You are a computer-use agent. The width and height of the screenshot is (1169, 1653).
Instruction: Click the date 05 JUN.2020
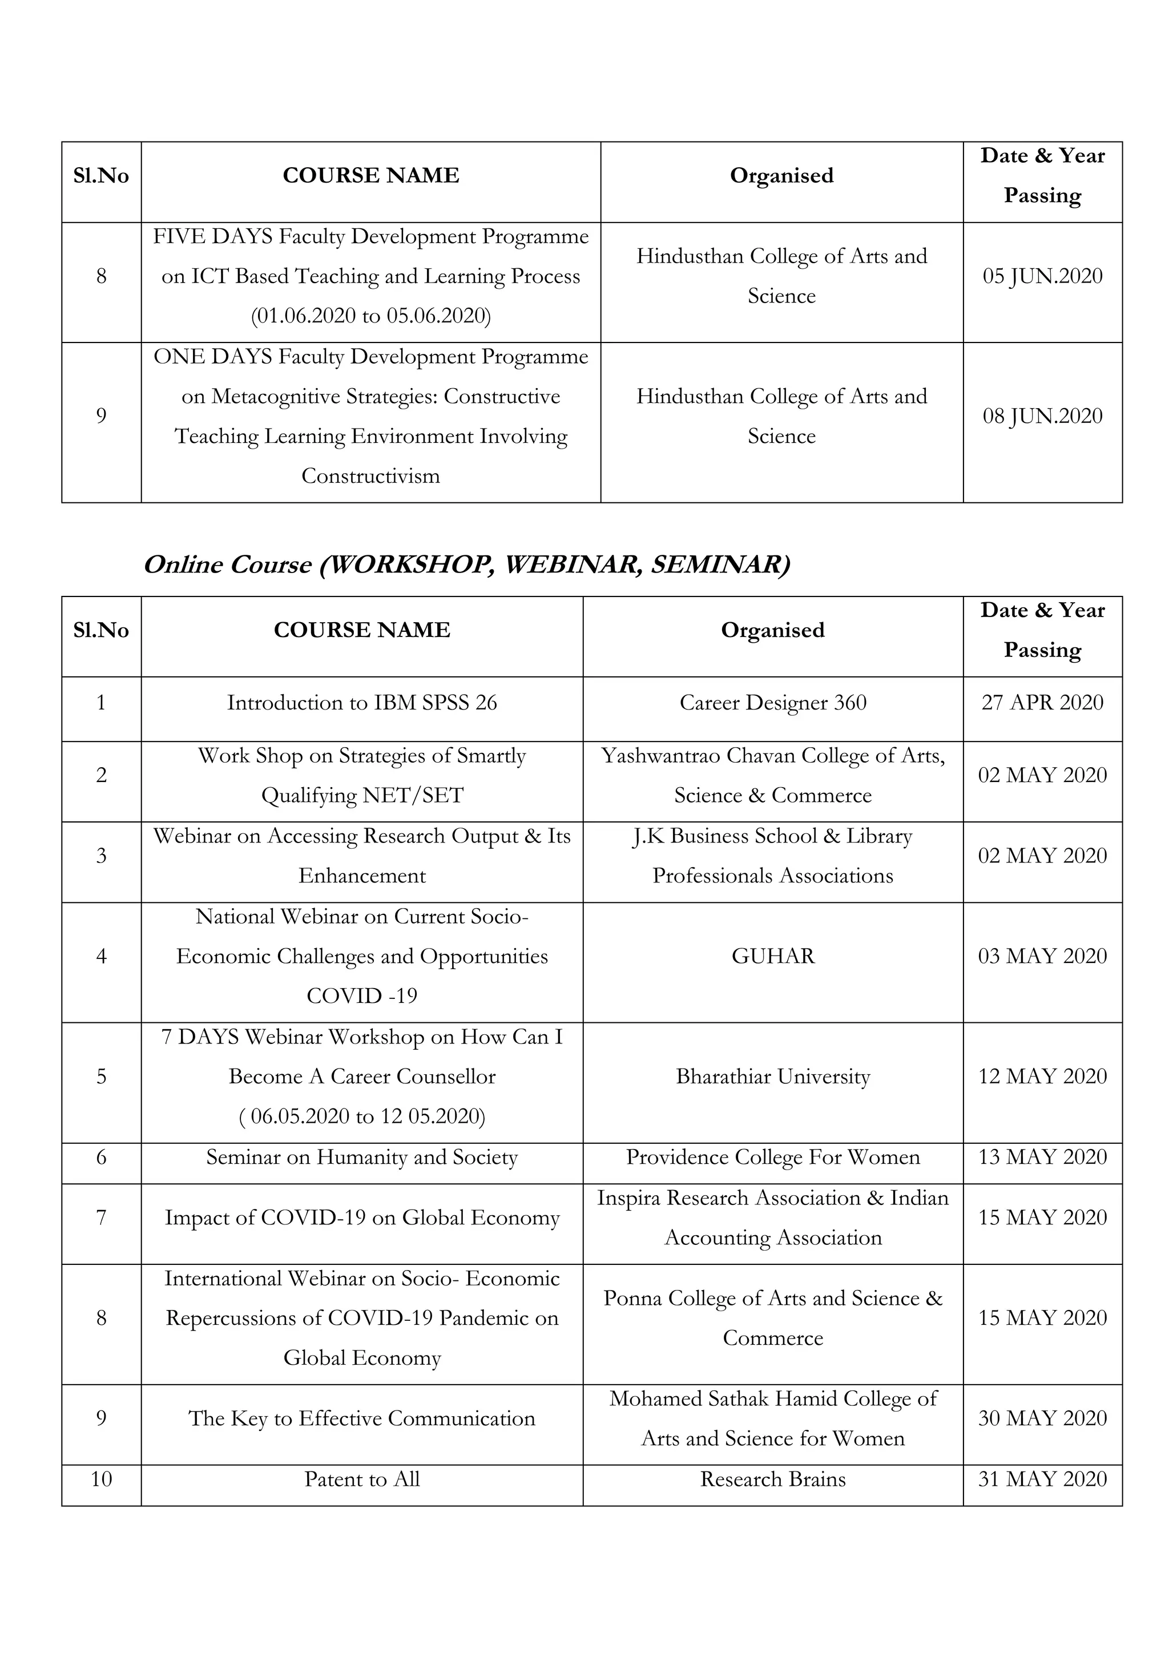click(1042, 276)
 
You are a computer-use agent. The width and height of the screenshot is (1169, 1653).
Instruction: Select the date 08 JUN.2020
click(1042, 416)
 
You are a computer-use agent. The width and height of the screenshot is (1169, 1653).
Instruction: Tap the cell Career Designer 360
click(772, 703)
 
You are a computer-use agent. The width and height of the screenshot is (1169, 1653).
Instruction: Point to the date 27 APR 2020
click(1042, 703)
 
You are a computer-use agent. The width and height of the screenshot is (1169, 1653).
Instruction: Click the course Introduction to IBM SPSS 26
click(362, 703)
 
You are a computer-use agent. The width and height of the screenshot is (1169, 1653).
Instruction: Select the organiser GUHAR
click(772, 956)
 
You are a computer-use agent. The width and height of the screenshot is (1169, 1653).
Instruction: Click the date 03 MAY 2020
click(1042, 956)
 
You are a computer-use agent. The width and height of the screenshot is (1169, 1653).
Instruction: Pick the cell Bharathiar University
click(772, 1077)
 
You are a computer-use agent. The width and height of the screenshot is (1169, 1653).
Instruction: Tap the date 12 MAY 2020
click(1042, 1077)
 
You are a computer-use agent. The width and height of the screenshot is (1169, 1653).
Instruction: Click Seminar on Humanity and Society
click(362, 1158)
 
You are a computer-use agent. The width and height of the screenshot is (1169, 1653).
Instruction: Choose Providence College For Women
click(772, 1158)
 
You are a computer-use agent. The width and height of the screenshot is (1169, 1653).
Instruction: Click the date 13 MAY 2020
click(1042, 1158)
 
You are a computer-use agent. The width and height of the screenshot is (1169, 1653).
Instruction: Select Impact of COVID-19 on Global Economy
click(362, 1218)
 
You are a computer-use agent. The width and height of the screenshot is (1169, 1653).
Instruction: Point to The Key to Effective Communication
click(362, 1419)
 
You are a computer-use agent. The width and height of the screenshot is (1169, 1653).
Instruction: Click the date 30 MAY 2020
click(1042, 1419)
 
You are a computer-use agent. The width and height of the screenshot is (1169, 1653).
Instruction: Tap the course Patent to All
click(362, 1479)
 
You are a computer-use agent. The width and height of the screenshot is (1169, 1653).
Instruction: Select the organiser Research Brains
click(772, 1479)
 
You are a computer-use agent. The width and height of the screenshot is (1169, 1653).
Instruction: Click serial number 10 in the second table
click(102, 1479)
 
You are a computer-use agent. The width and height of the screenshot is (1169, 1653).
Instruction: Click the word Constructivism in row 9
click(370, 477)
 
